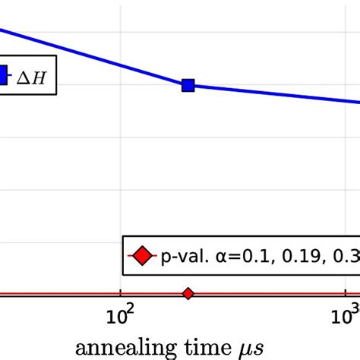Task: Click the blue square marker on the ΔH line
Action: (188, 86)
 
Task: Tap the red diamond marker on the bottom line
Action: (188, 293)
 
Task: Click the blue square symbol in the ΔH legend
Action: (2, 75)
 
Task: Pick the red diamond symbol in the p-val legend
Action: (142, 256)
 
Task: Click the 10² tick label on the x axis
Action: (119, 314)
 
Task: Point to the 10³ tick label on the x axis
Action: (346, 314)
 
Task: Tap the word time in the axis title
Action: (206, 345)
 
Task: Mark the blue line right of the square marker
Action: (273, 94)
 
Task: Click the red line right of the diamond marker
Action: (266, 294)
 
